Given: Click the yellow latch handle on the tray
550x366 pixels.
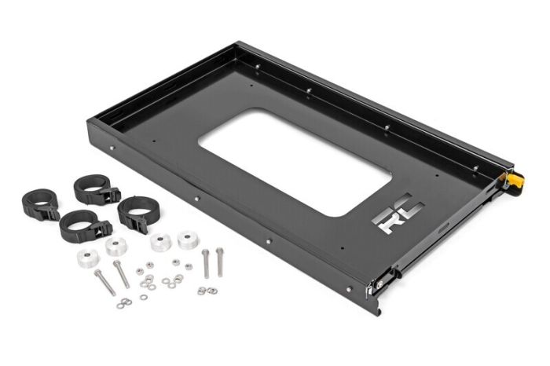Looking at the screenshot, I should [x=515, y=181].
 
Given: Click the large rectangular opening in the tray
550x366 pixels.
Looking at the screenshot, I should [x=295, y=161].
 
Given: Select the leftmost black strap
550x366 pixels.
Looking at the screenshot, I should [x=40, y=203].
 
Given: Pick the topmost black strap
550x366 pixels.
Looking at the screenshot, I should [x=95, y=189].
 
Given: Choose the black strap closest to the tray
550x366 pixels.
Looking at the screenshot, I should [x=134, y=214].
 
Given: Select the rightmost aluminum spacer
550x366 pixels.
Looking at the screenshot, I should [x=189, y=240].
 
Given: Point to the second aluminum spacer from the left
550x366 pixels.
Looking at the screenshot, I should [x=116, y=247].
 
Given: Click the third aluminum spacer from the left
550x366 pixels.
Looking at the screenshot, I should [x=161, y=243].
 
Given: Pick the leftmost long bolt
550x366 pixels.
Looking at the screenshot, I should [x=104, y=282].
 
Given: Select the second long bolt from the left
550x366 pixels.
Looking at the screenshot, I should [x=121, y=273].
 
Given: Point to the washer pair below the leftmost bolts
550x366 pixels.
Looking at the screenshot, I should [x=124, y=302].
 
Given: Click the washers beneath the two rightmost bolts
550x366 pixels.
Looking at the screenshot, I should [x=207, y=291].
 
